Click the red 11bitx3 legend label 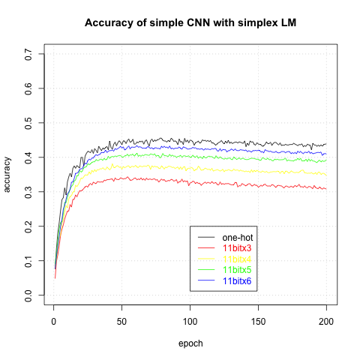tap(237, 248)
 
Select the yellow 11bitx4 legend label tap(237, 259)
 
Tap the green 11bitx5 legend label tap(237, 269)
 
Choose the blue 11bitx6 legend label tap(237, 280)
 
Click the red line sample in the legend tap(206, 248)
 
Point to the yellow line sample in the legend tap(206, 259)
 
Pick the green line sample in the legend tap(206, 269)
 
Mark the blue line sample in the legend tap(206, 280)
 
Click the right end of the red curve tap(325, 188)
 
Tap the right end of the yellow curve tap(325, 174)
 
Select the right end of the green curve tap(325, 160)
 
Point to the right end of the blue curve tap(325, 154)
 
